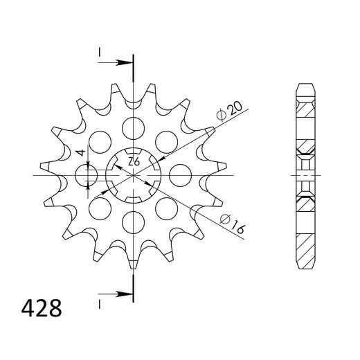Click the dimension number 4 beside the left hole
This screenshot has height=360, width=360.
coord(80,152)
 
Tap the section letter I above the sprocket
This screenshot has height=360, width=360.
coord(100,51)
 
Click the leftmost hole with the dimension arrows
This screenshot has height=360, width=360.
coord(90,174)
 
